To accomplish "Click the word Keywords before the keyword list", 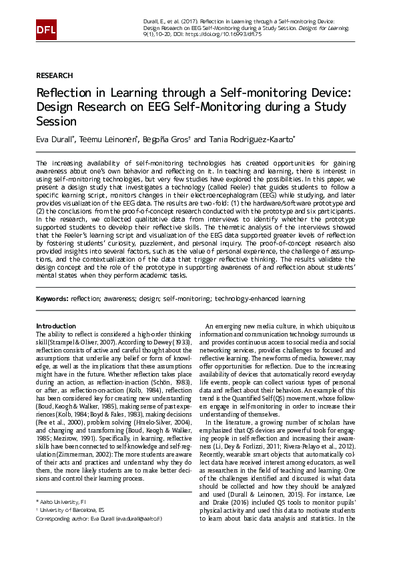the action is coord(51,299).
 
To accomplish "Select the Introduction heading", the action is coord(56,326).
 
